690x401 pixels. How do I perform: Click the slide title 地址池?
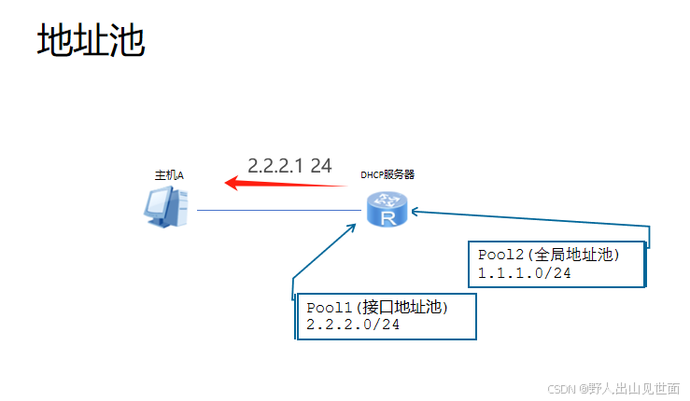(x=92, y=41)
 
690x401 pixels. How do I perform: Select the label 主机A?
(x=169, y=174)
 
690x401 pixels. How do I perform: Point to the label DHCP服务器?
(x=387, y=174)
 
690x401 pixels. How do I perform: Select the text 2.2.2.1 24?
(x=289, y=165)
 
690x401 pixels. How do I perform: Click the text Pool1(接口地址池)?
(x=377, y=307)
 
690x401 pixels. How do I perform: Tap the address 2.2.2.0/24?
(x=353, y=324)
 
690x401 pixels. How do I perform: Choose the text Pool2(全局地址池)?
(x=549, y=254)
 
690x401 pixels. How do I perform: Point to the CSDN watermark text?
(x=613, y=388)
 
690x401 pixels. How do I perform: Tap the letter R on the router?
(x=386, y=216)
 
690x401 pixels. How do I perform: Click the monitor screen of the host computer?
(x=160, y=201)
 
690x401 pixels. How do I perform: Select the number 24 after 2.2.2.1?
(x=321, y=165)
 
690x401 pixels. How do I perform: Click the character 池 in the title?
(x=127, y=41)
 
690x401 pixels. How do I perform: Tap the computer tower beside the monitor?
(x=182, y=205)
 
